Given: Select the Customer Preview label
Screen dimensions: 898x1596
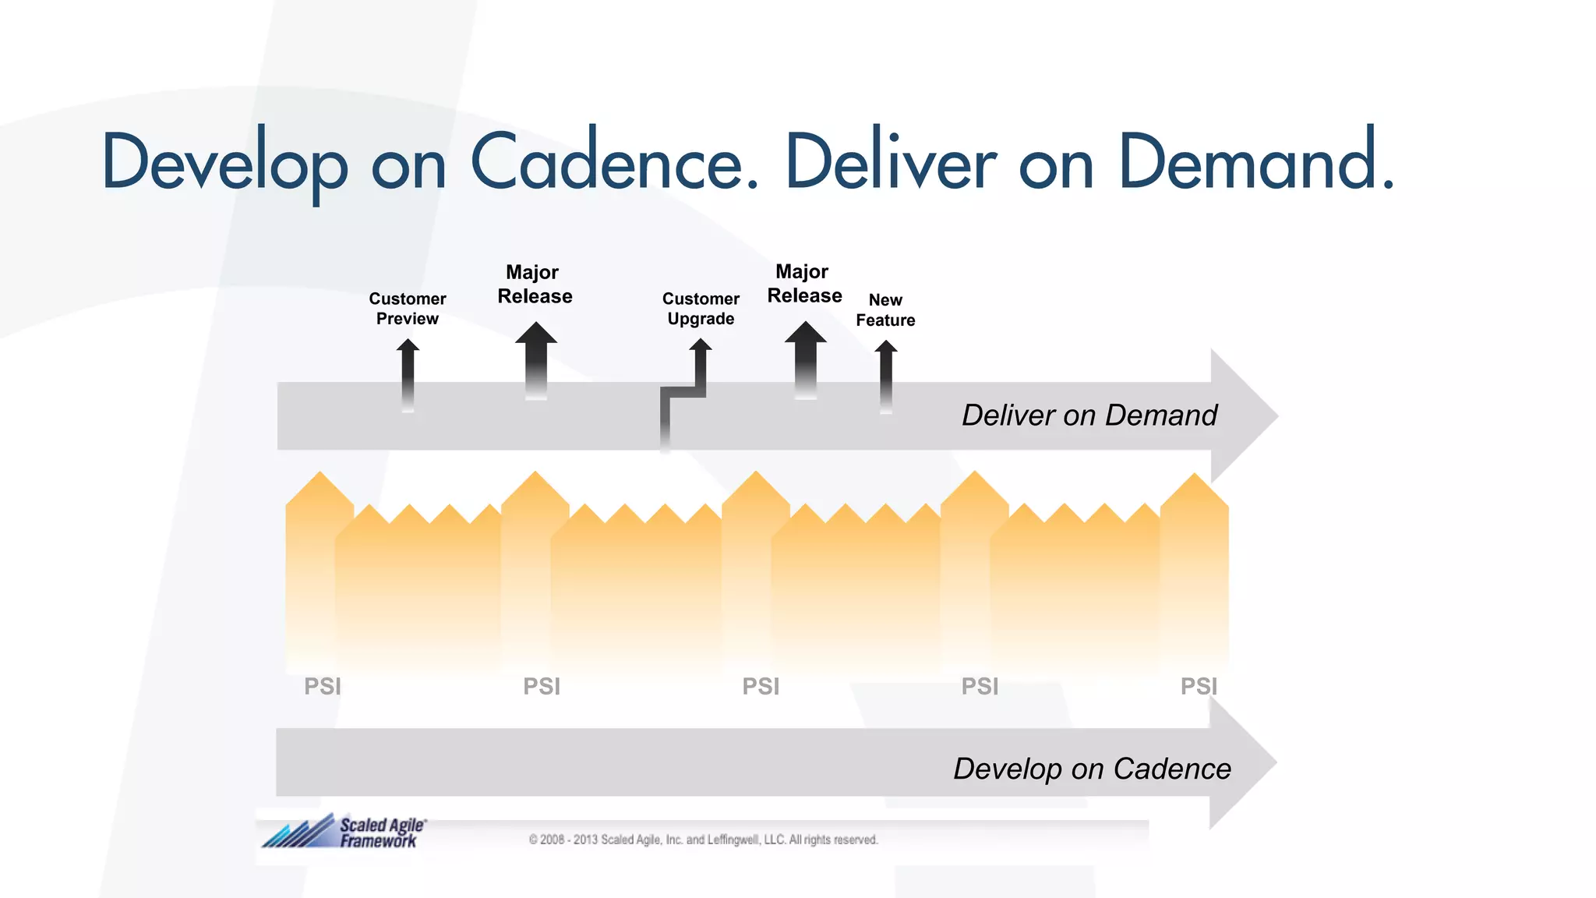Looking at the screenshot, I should point(408,309).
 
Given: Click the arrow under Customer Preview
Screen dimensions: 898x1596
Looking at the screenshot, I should point(408,374).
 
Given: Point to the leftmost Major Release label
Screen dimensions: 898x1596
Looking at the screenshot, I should point(535,285).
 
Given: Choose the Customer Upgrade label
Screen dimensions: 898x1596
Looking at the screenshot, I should point(701,309).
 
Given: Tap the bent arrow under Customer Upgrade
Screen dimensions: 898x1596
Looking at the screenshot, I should point(684,390).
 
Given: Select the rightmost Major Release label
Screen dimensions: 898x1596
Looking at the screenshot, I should point(804,284).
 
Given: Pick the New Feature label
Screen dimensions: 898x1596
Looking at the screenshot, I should point(885,310).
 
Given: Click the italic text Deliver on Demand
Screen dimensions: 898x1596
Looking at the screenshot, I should point(1089,415).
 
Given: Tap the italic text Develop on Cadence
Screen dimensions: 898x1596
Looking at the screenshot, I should point(1092,769).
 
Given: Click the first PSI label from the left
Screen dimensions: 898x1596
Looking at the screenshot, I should point(323,687).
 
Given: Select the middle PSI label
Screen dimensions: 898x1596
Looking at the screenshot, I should point(761,687).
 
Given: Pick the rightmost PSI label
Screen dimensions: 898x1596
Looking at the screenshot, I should point(1199,687).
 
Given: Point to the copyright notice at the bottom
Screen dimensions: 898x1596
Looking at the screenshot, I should point(703,840).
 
